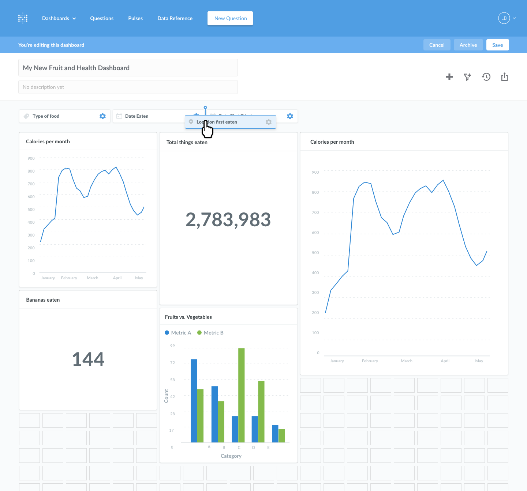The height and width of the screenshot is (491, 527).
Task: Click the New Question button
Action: (230, 18)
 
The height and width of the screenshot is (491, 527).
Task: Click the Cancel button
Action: (437, 45)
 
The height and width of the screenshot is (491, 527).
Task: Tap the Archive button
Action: (468, 45)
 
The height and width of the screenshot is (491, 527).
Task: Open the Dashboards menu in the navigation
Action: (59, 18)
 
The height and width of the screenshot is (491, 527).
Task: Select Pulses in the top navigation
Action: (135, 18)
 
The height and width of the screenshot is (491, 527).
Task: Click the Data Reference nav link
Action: (175, 18)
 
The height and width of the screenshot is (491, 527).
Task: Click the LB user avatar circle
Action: (504, 18)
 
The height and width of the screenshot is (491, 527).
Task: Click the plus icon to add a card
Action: (449, 77)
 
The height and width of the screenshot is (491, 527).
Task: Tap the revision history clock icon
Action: (486, 77)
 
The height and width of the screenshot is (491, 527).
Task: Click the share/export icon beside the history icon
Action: (504, 77)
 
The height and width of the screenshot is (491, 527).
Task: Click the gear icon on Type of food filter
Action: (102, 116)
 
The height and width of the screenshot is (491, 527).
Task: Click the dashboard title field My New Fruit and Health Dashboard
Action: (128, 68)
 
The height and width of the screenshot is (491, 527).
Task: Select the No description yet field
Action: (128, 87)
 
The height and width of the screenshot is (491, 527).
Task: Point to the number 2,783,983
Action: (228, 220)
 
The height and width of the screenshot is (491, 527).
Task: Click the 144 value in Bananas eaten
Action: (88, 359)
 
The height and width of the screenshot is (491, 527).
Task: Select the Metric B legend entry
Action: (210, 333)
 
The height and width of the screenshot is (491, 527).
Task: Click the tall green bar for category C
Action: (242, 395)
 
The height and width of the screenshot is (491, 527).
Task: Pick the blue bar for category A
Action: (194, 400)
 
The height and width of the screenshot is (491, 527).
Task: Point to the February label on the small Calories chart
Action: (69, 278)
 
